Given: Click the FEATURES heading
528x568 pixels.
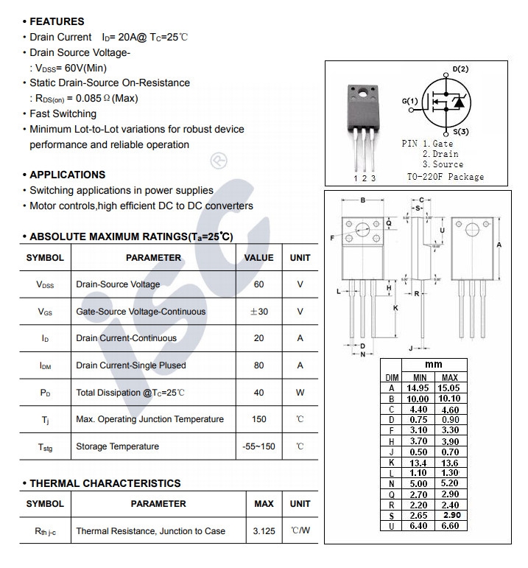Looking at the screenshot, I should coord(56,21).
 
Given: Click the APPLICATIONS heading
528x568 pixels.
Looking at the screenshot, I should coord(67,175).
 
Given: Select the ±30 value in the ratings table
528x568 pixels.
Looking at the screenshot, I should coord(258,312).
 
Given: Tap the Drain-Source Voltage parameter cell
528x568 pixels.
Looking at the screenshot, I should coord(118,284).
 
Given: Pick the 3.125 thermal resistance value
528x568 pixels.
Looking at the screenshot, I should coord(264,531).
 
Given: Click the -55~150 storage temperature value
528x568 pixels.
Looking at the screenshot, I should coord(258,446).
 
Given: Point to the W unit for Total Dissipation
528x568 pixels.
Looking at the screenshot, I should coord(300,393).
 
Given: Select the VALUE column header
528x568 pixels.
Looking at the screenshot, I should coord(258,258).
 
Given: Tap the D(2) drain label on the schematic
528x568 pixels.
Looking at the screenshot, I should coord(460,69).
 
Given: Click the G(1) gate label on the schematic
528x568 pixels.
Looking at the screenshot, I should coord(409,101).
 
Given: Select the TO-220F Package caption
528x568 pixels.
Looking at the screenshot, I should coord(446,177).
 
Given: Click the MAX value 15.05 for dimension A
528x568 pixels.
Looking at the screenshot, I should coord(449,388).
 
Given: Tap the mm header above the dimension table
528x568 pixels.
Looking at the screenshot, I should coord(434,365).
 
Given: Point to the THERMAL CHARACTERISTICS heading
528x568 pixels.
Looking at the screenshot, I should coord(103,483).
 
